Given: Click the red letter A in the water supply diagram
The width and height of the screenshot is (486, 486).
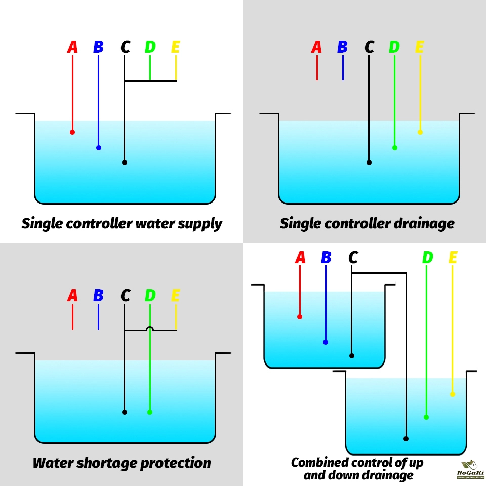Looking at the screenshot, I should [72, 47].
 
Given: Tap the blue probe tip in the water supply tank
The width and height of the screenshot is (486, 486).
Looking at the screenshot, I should [99, 148].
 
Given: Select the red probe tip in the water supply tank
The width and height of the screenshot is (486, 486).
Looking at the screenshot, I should [72, 132].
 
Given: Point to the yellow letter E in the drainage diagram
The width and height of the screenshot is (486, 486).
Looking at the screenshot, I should [419, 47].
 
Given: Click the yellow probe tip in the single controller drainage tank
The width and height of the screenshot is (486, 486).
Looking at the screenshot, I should [420, 132].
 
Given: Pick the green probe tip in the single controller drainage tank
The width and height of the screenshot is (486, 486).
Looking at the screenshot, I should [395, 148].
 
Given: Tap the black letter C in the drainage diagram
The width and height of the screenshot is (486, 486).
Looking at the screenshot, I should [369, 47].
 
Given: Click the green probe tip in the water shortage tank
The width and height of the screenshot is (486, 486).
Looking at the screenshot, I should [150, 412].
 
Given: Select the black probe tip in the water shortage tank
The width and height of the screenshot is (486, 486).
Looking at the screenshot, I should [124, 412].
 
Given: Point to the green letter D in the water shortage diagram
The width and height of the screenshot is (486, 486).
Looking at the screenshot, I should [150, 296].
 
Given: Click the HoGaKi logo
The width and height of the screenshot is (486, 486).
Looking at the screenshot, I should [470, 470].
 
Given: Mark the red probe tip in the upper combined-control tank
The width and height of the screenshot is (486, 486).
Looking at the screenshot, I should [300, 317].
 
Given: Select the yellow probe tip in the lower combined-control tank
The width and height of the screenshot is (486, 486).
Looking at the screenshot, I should [452, 394].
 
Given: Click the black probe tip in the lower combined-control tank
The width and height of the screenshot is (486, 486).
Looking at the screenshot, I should [406, 439].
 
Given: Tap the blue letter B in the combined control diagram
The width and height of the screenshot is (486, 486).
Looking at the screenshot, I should [326, 258].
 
